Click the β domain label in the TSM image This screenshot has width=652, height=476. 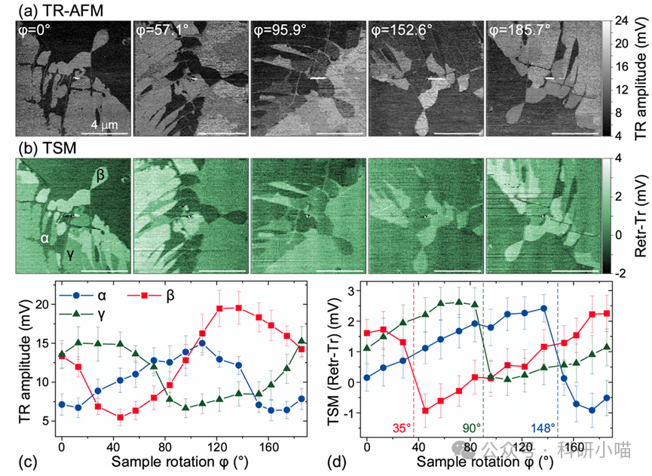coord(100,175)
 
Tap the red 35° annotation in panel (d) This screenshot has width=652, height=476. coord(402,427)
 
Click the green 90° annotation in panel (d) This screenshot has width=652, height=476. coord(472,427)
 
